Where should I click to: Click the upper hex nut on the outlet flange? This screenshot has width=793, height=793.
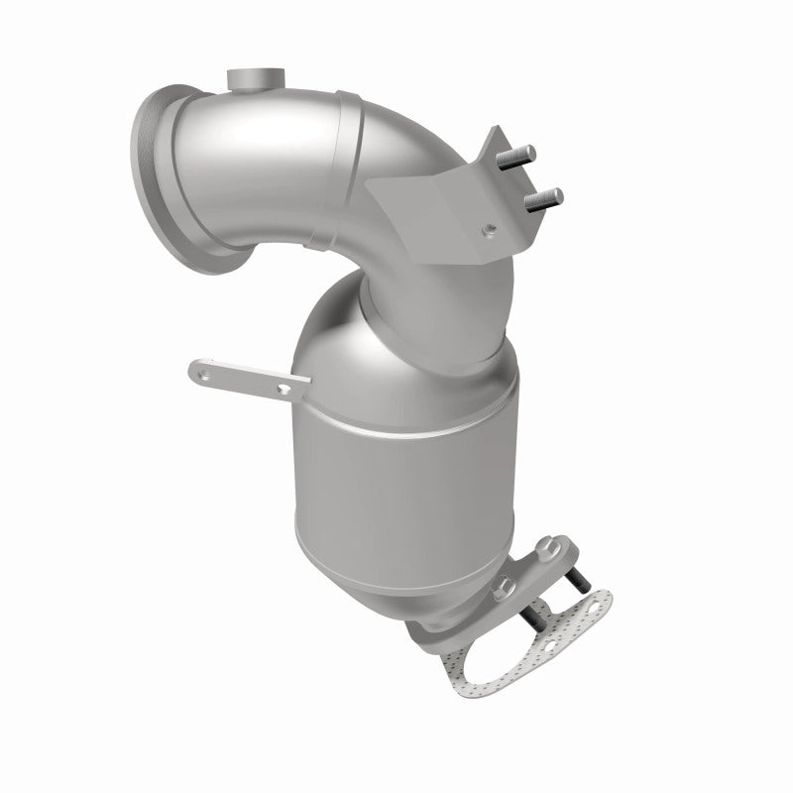pyautogui.click(x=547, y=547)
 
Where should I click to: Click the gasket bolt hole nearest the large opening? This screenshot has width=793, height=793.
pyautogui.click(x=551, y=646)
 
